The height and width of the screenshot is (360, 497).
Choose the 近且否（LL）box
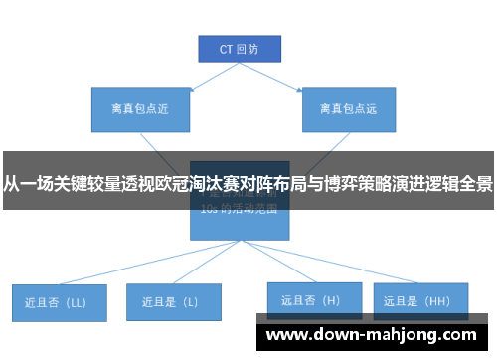[59, 300]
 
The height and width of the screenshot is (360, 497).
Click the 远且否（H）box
[310, 298]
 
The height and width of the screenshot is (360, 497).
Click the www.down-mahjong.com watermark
[371, 335]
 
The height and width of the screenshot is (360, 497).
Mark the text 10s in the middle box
[208, 210]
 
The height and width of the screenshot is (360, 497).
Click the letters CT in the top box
[226, 48]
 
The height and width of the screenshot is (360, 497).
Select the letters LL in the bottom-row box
[75, 300]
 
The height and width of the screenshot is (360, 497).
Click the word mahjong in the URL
[403, 335]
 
